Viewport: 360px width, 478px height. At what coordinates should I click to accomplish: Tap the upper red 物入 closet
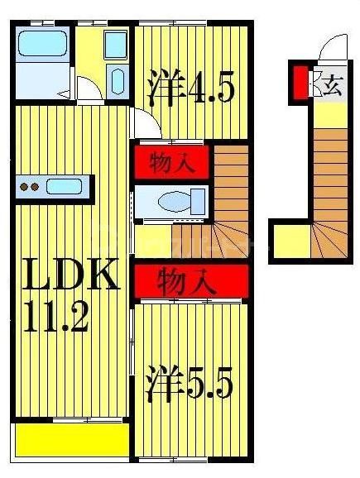coord(171,162)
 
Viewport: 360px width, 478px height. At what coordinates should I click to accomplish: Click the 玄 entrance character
coord(332,85)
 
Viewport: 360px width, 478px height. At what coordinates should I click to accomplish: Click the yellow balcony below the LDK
coord(70,438)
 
